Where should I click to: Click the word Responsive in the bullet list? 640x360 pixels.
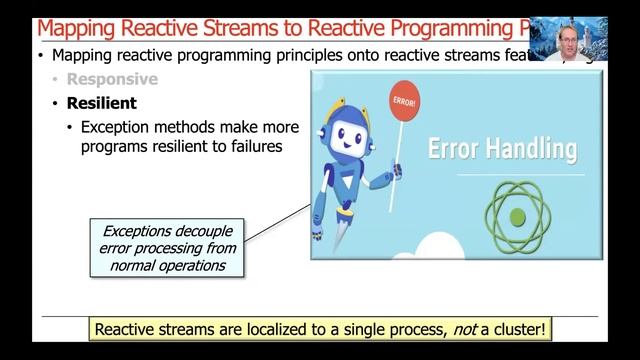click(x=112, y=79)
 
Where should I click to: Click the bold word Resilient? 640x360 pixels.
click(x=101, y=103)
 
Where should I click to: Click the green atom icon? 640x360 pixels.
click(x=517, y=214)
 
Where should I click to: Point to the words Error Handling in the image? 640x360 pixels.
click(x=502, y=149)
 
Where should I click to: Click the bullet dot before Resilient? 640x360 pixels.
click(x=55, y=103)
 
